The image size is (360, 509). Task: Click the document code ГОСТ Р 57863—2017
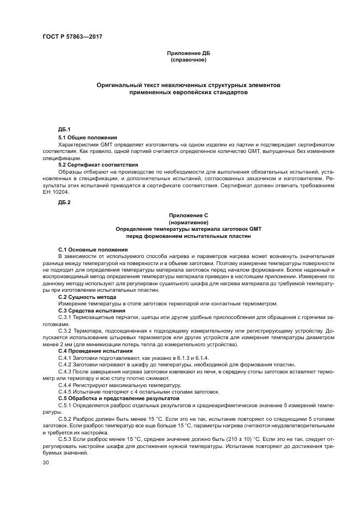coord(72,36)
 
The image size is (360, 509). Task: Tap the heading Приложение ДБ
coord(188,53)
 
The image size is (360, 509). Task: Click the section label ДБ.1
coord(65,129)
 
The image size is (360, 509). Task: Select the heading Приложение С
coord(188,216)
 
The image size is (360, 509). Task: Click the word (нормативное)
coord(188,223)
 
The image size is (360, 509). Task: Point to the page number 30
coord(46,462)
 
